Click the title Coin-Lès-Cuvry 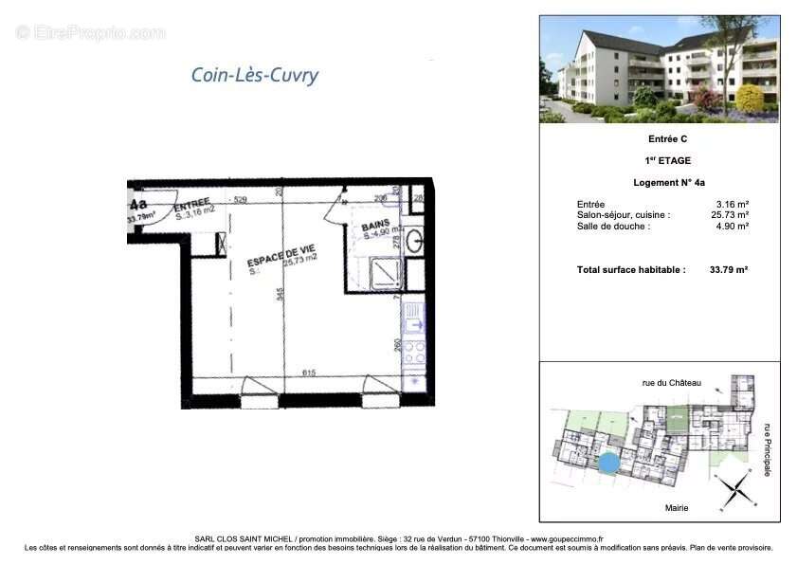click(255, 75)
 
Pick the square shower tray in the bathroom click(387, 272)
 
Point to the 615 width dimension click(309, 373)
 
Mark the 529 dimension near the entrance click(240, 199)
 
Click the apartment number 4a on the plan click(138, 204)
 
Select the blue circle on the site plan click(609, 464)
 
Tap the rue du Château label click(672, 383)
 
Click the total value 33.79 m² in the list click(729, 270)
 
